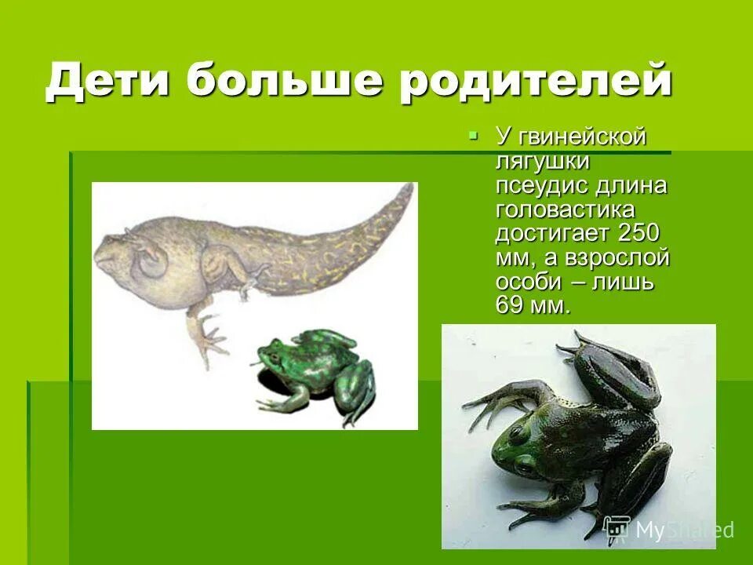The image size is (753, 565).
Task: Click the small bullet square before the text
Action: (x=473, y=136)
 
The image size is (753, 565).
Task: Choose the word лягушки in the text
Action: (x=542, y=162)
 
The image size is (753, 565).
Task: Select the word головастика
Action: (x=565, y=210)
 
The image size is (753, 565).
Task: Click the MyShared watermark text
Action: (x=682, y=530)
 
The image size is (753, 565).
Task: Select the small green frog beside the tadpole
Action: (x=318, y=369)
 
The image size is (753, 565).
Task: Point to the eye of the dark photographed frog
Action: (x=516, y=432)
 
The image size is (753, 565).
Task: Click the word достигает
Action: (x=553, y=234)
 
